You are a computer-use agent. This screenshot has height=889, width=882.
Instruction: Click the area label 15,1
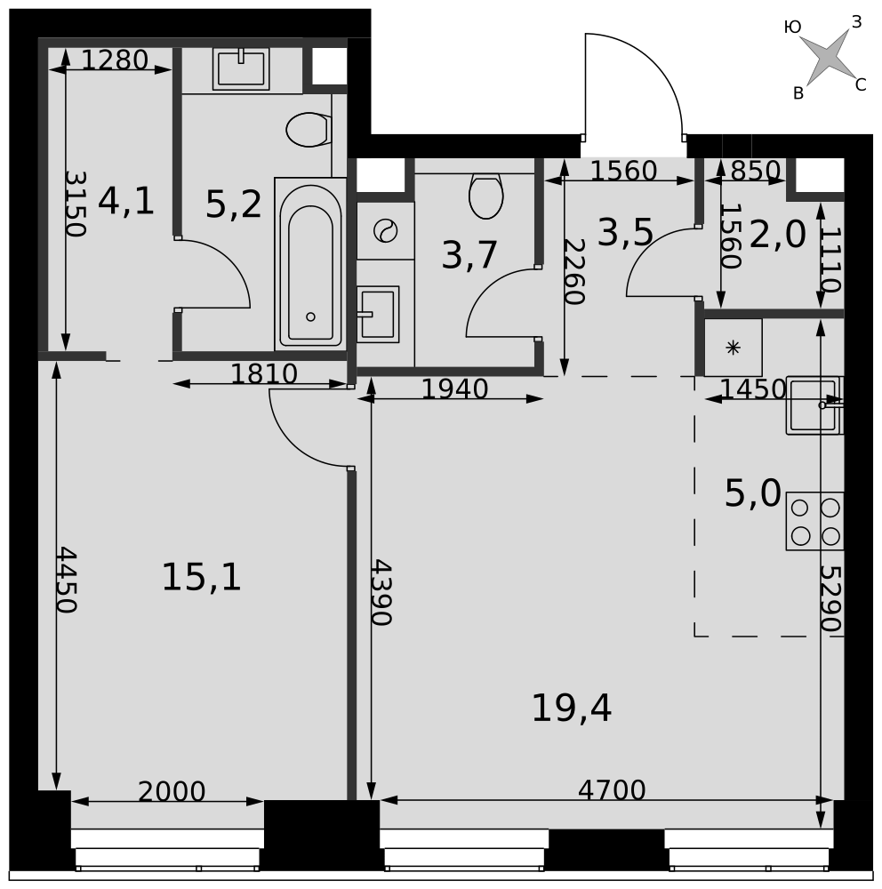(x=201, y=578)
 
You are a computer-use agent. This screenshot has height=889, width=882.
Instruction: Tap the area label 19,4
(x=571, y=709)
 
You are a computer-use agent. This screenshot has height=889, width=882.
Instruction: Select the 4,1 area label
(x=126, y=201)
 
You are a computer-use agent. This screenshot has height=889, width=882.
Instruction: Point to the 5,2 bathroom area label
(x=233, y=204)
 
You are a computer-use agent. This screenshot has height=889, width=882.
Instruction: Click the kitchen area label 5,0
(x=753, y=493)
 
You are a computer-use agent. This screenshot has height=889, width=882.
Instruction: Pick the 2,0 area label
(x=777, y=235)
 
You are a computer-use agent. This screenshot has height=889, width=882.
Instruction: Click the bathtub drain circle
(x=310, y=317)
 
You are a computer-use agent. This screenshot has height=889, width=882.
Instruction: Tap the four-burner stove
(x=814, y=521)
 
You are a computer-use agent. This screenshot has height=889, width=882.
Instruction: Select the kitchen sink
(x=814, y=405)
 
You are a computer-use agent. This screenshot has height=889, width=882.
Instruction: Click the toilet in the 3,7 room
(x=486, y=196)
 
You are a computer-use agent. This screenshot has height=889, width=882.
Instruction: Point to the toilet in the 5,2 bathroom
(x=308, y=130)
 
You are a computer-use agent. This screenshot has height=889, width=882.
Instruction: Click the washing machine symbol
(x=386, y=231)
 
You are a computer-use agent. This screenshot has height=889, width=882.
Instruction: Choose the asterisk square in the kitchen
(x=734, y=348)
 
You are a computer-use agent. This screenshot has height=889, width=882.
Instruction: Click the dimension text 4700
(x=612, y=789)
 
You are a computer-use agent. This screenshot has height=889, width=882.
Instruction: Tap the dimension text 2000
(x=172, y=791)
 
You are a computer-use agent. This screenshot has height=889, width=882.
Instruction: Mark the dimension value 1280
(x=115, y=60)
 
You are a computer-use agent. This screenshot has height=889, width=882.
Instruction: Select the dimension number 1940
(x=454, y=389)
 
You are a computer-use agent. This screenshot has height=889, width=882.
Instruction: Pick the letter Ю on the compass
(x=792, y=27)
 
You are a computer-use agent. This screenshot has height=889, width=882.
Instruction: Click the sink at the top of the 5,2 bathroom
(x=241, y=68)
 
